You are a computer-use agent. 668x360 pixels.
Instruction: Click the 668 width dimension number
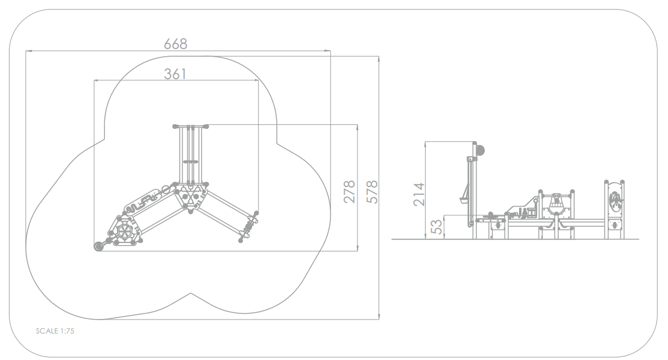tap(175, 44)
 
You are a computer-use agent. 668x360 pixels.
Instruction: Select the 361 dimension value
tap(175, 74)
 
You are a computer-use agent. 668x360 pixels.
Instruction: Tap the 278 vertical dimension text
tap(349, 191)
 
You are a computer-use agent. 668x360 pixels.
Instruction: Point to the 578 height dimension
tap(372, 192)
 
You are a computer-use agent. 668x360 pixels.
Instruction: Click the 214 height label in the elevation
tap(419, 194)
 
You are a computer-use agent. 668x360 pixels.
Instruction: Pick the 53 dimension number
tap(436, 227)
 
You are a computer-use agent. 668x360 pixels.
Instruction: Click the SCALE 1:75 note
tap(55, 331)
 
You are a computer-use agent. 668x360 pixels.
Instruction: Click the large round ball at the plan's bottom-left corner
tap(99, 246)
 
